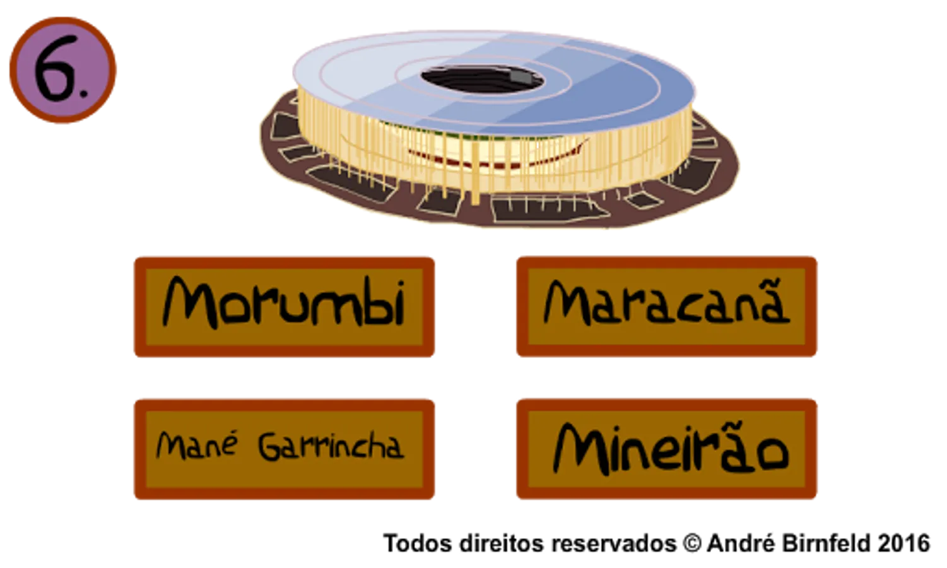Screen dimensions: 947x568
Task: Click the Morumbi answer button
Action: (285, 307)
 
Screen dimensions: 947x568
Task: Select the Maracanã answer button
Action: (667, 307)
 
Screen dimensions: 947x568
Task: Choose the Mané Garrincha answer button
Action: (285, 449)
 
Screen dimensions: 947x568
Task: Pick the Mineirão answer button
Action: (667, 449)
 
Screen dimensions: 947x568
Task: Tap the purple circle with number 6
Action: (62, 70)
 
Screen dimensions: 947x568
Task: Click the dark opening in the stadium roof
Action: (482, 79)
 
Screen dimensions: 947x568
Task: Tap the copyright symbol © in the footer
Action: (692, 543)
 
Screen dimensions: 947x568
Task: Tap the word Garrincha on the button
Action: (331, 447)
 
